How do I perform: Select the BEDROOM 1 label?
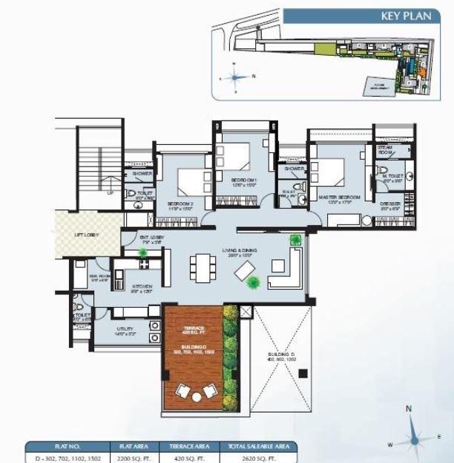pos(243,180)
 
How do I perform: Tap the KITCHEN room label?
pos(142,286)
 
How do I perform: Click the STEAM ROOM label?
pos(384,150)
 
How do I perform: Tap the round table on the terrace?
pos(196,397)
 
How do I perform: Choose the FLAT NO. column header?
pos(66,447)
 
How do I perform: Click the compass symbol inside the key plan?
pos(235,77)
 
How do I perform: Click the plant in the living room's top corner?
pos(296,239)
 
